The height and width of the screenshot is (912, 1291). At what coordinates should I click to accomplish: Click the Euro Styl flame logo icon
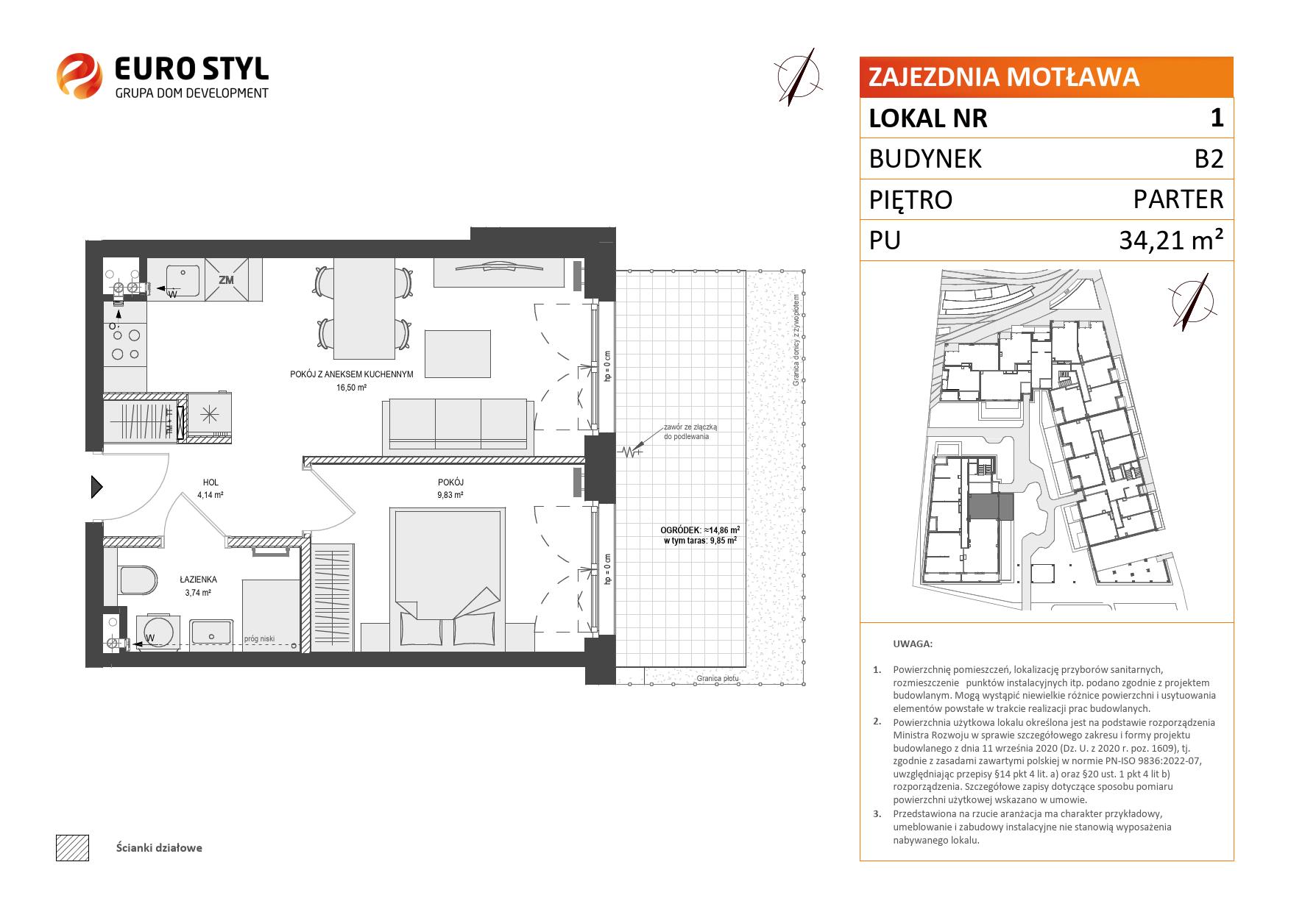pyautogui.click(x=79, y=74)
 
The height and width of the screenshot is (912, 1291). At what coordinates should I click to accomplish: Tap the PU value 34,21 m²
pyautogui.click(x=1171, y=240)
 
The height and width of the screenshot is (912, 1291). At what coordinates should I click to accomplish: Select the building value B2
pyautogui.click(x=1208, y=158)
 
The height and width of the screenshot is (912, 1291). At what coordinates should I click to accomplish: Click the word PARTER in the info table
pyautogui.click(x=1178, y=199)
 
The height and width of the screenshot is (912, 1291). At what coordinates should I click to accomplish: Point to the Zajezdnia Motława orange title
pyautogui.click(x=1004, y=77)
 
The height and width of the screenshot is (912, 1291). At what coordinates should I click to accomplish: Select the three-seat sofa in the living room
pyautogui.click(x=458, y=426)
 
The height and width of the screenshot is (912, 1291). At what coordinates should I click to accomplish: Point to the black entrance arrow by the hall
pyautogui.click(x=96, y=487)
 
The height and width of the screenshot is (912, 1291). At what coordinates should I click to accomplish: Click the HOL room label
pyautogui.click(x=210, y=483)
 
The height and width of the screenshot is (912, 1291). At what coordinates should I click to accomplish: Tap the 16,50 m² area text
pyautogui.click(x=352, y=387)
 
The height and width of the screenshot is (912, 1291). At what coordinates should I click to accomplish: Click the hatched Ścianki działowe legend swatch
pyautogui.click(x=72, y=847)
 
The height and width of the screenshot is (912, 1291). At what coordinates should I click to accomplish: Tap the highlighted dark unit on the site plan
pyautogui.click(x=990, y=507)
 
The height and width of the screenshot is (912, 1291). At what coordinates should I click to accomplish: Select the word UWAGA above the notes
pyautogui.click(x=913, y=644)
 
